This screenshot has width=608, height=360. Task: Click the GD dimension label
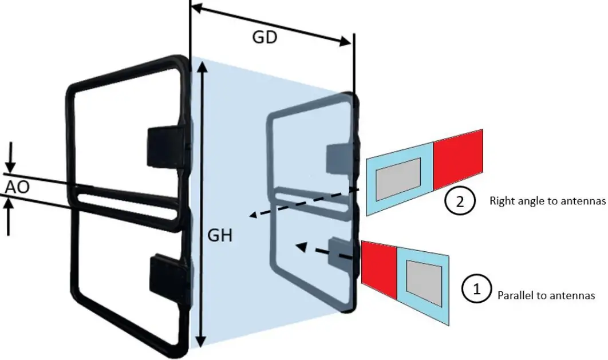tap(264, 37)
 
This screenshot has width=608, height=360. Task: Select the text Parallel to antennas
tap(546, 295)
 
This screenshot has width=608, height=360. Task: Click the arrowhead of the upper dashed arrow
tap(252, 215)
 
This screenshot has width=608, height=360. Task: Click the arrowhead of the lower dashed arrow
tap(298, 246)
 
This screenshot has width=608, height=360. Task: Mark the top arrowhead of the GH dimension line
tap(201, 68)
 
